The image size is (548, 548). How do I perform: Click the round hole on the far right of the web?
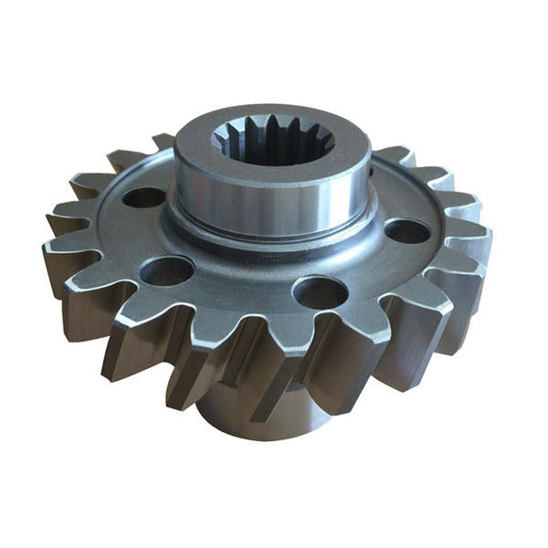pyautogui.click(x=406, y=231)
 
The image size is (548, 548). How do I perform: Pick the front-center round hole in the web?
pyautogui.click(x=320, y=292)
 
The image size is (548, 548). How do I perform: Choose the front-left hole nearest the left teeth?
pyautogui.click(x=167, y=270)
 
